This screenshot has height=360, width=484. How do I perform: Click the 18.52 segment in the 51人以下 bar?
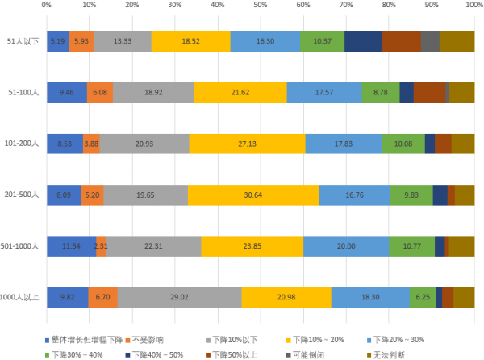(x=190, y=41)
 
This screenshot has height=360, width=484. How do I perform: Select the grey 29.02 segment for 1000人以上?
(x=179, y=297)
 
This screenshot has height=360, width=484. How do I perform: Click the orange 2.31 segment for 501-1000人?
(x=101, y=246)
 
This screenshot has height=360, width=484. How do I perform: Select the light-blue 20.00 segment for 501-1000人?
(x=345, y=246)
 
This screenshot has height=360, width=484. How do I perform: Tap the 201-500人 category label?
(x=22, y=195)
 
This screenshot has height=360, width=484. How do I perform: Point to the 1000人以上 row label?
(x=20, y=297)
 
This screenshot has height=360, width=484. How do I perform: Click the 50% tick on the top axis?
(x=260, y=6)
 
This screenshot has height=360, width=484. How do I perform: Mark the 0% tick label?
(x=47, y=6)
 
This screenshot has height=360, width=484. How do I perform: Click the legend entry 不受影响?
(x=148, y=339)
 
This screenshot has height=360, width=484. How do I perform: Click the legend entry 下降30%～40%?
(x=77, y=354)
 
